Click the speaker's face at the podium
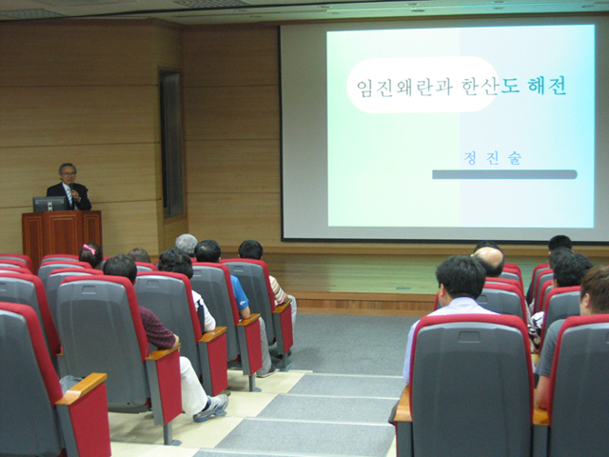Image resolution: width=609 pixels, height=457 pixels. coord(68,173)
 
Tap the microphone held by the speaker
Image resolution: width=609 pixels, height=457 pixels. coord(72,189)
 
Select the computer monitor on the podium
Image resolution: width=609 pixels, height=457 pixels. coord(49,204)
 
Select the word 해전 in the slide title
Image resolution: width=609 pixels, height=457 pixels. coord(547,86)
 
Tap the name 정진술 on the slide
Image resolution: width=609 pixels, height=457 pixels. coord(492,158)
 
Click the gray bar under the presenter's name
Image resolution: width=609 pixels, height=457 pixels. coord(504,174)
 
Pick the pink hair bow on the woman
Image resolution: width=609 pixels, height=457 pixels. coord(89,249)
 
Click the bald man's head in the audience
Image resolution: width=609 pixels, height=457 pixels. coord(488,260)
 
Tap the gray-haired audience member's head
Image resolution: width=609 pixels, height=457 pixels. coord(187,244)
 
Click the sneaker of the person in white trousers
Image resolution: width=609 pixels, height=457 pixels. coord(211,408)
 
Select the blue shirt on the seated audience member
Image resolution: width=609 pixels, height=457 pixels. coord(240,296)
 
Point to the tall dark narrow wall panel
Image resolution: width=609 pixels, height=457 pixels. coord(171,144)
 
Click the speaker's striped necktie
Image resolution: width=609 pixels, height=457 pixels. coord(69,197)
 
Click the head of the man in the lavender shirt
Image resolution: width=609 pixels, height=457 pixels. coord(461,277)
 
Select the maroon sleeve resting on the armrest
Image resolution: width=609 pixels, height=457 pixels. coord(157,329)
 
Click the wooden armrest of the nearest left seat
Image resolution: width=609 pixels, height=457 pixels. coord(82,389)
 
